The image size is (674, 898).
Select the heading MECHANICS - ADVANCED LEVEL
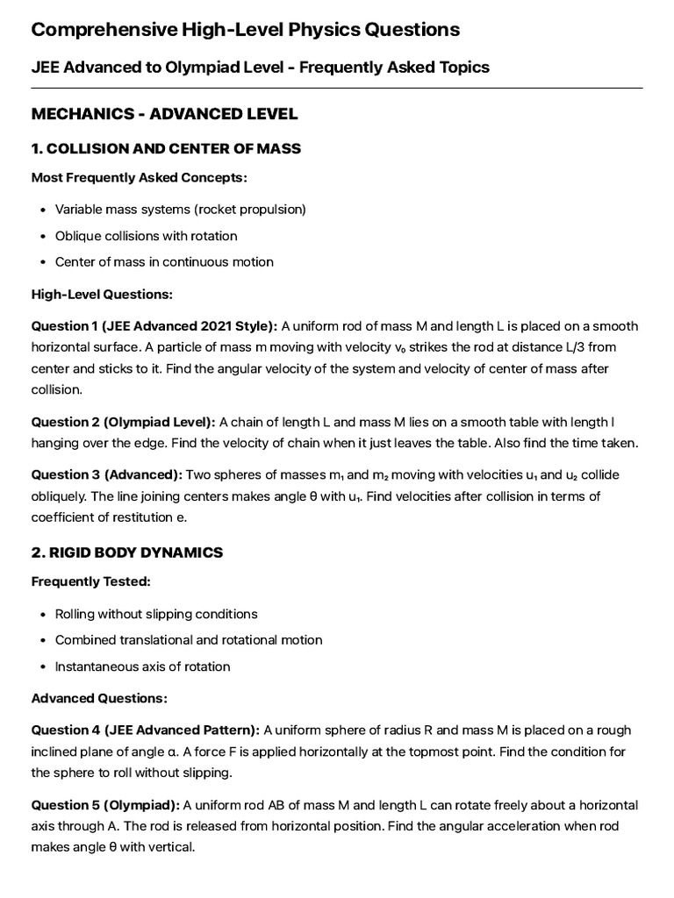pyautogui.click(x=164, y=114)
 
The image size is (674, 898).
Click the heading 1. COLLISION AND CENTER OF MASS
pyautogui.click(x=166, y=148)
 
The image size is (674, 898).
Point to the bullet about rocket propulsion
pyautogui.click(x=180, y=210)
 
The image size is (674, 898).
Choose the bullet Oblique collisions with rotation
pyautogui.click(x=146, y=236)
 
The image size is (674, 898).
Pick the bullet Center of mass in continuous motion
pyautogui.click(x=164, y=261)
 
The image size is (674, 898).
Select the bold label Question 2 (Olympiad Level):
pyautogui.click(x=123, y=423)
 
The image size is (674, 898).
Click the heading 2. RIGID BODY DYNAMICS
pyautogui.click(x=126, y=552)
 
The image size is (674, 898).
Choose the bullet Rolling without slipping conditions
pyautogui.click(x=155, y=614)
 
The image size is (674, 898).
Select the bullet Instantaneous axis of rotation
pyautogui.click(x=142, y=666)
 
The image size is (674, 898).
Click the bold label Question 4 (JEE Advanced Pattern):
pyautogui.click(x=146, y=730)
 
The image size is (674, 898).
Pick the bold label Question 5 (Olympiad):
pyautogui.click(x=105, y=805)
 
